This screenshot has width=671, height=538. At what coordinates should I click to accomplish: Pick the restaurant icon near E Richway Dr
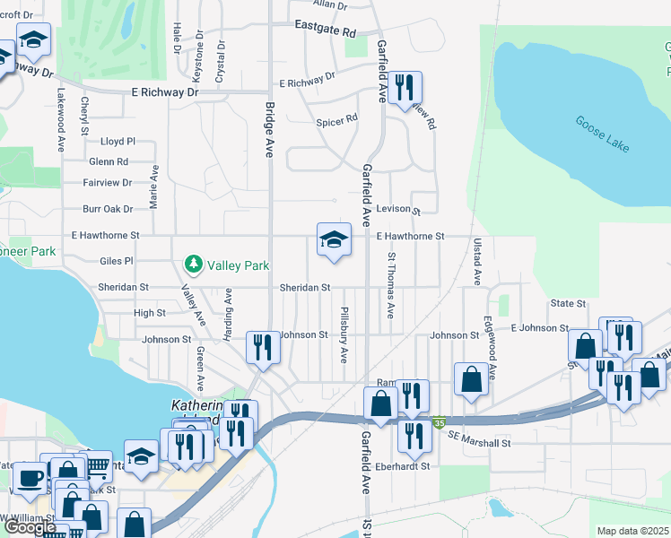click(405, 88)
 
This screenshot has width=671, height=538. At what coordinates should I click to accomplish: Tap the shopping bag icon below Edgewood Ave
click(471, 379)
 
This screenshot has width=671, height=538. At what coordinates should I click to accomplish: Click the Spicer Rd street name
click(336, 118)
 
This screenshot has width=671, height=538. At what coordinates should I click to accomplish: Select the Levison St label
click(398, 209)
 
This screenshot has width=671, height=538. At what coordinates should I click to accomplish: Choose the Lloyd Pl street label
click(118, 142)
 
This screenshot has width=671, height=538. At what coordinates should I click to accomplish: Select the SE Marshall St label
click(480, 443)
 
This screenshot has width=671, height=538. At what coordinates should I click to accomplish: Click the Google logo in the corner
click(30, 527)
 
